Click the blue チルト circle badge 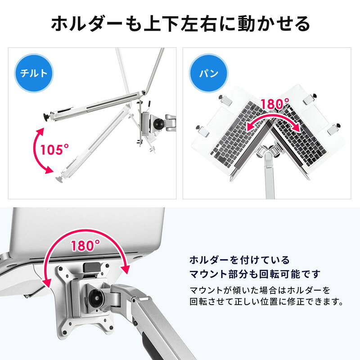tap(34, 73)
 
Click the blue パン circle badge tap(208, 73)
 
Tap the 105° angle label tap(54, 149)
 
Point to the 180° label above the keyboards tap(275, 103)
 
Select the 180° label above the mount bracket tap(85, 245)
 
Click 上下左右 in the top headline tap(180, 24)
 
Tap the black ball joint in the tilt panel tap(157, 124)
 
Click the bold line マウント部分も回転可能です tap(255, 274)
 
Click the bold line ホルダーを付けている tap(239, 260)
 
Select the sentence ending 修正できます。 tap(266, 301)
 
